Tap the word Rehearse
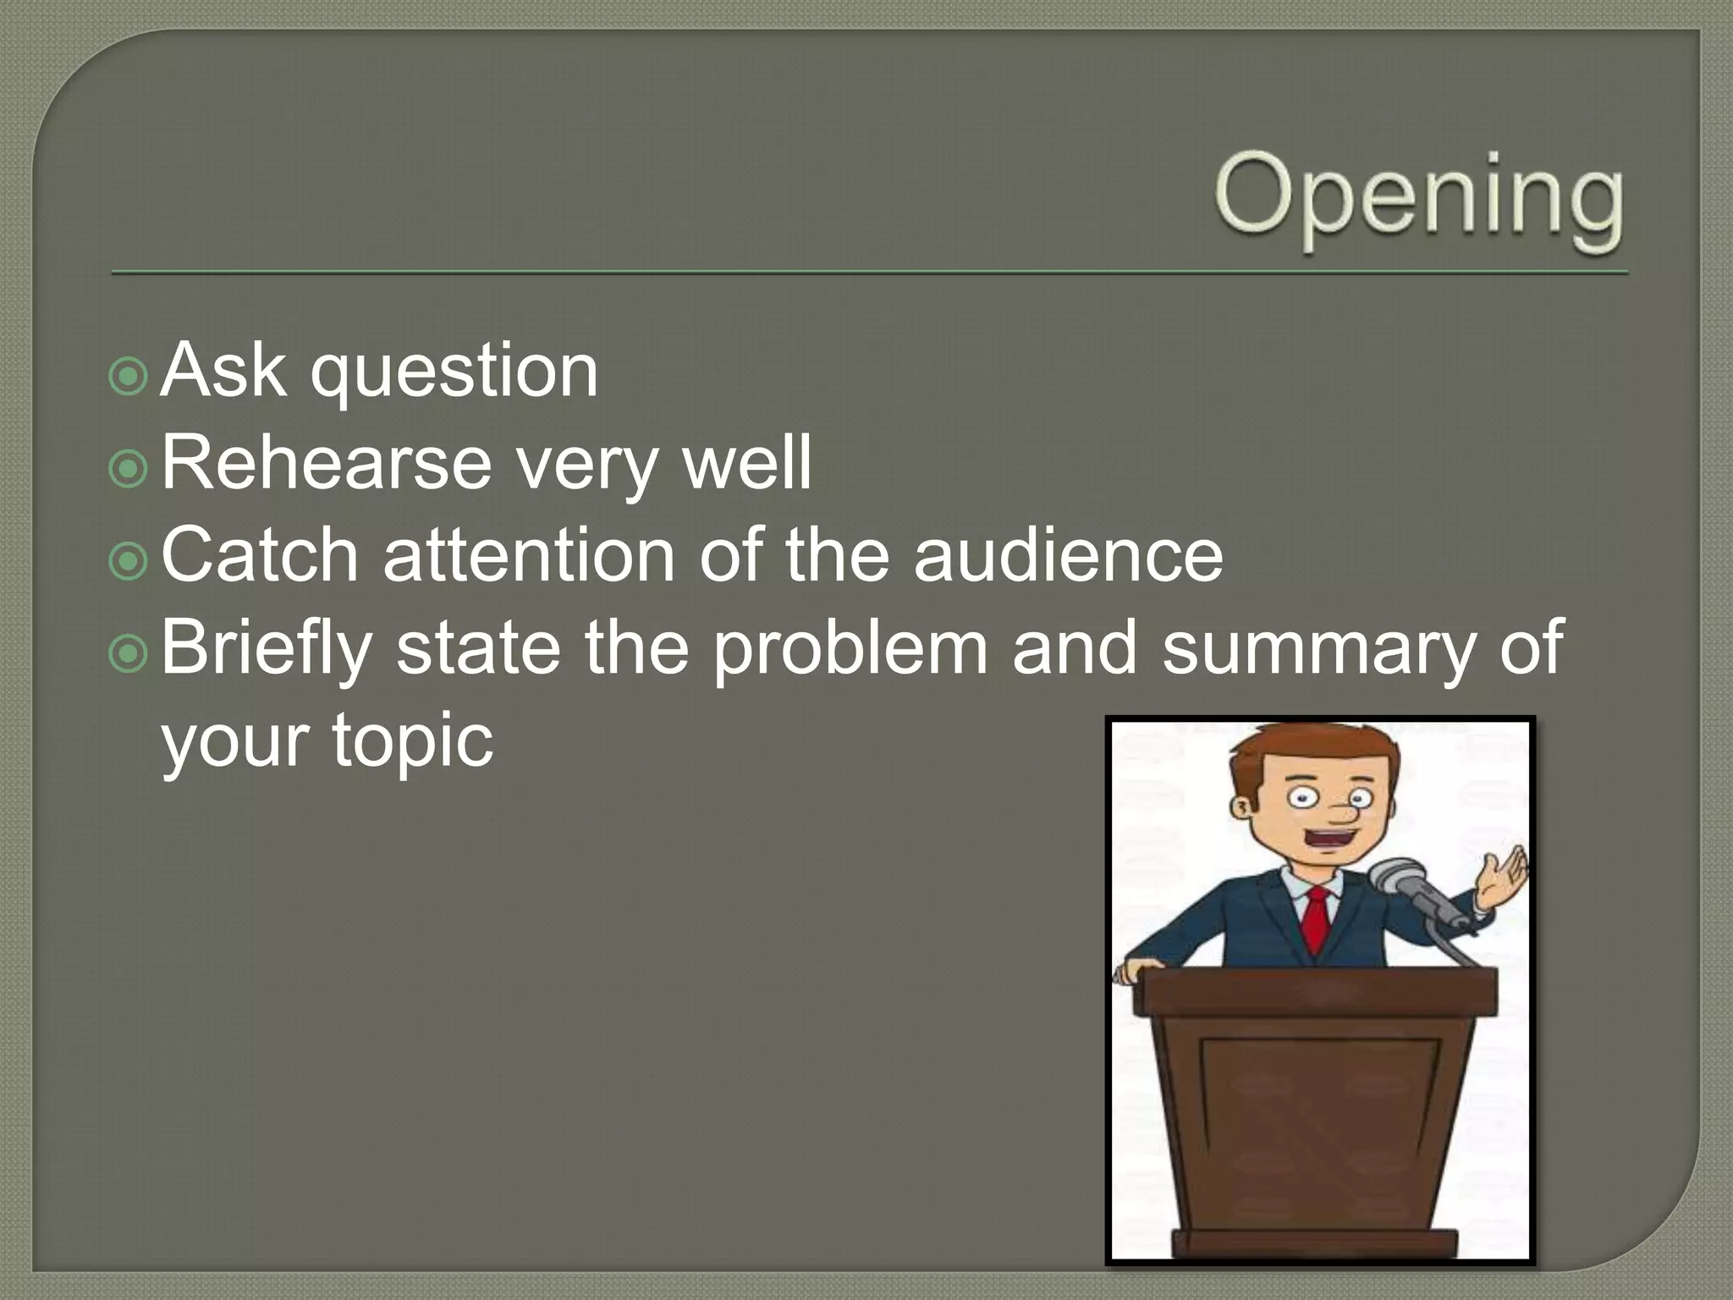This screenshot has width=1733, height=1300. click(326, 463)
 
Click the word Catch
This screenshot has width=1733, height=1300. click(260, 555)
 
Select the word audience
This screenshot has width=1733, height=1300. click(1068, 555)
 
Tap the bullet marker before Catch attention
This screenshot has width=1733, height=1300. click(129, 560)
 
